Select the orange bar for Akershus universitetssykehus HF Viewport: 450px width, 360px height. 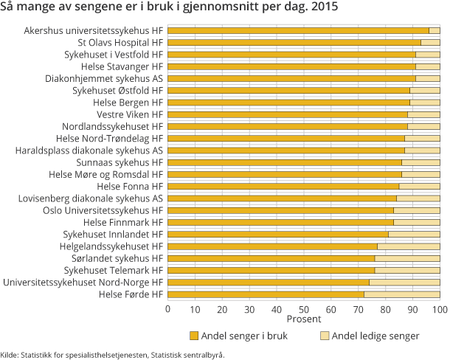click(x=298, y=31)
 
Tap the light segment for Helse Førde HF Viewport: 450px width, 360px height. click(x=401, y=294)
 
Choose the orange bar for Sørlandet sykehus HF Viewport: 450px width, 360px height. click(x=271, y=258)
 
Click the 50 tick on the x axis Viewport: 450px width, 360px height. click(x=304, y=308)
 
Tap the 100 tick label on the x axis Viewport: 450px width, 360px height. click(x=440, y=308)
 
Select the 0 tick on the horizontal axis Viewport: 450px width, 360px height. click(x=168, y=308)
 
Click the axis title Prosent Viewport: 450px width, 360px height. click(x=304, y=319)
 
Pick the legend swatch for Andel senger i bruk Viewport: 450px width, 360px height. click(x=195, y=336)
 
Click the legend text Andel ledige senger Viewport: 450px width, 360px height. click(x=375, y=336)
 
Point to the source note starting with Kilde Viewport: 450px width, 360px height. click(x=112, y=354)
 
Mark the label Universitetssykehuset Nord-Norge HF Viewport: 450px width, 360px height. click(x=83, y=283)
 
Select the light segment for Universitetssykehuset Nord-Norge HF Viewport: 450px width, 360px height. click(x=404, y=283)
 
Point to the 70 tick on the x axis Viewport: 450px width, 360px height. click(x=359, y=308)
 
